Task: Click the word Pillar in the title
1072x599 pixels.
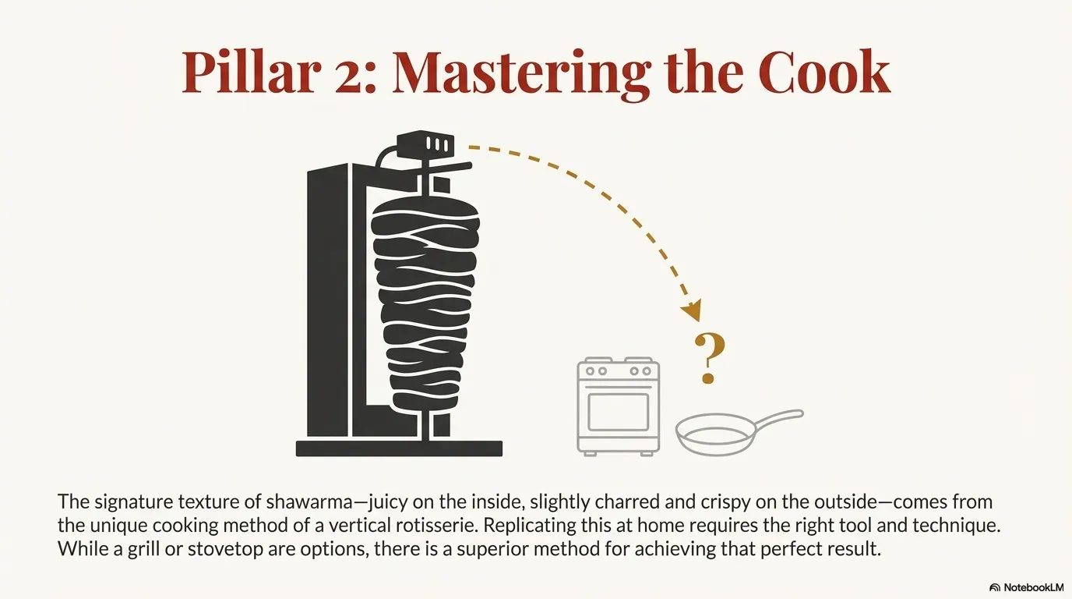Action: (x=251, y=73)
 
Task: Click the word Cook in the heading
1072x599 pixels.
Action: (x=824, y=72)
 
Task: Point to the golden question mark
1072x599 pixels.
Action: (x=709, y=358)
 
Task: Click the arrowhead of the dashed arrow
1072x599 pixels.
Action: (x=693, y=310)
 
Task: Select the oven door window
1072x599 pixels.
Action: (x=619, y=412)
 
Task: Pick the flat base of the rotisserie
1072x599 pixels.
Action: (x=399, y=448)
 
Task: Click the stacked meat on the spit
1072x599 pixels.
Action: (x=425, y=307)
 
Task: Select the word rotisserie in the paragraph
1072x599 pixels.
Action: (x=437, y=525)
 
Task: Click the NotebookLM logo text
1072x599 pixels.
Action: (x=1031, y=587)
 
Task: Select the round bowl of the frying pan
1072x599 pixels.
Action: (x=715, y=434)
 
